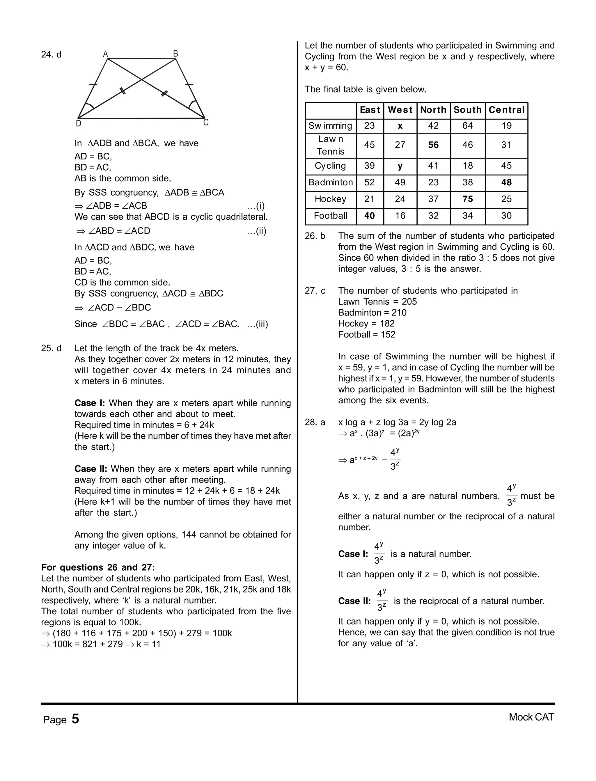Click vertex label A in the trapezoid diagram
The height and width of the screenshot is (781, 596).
point(105,54)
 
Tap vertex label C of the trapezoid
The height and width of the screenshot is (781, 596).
point(206,123)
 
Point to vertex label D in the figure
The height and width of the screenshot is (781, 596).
point(78,123)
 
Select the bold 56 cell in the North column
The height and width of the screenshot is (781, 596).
point(433,145)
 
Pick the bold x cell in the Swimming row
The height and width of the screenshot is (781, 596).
point(400,126)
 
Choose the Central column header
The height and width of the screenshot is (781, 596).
point(506,110)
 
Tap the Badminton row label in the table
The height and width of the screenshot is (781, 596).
point(330,183)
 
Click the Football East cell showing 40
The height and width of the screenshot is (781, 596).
point(369,216)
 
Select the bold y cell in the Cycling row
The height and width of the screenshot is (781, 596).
point(400,166)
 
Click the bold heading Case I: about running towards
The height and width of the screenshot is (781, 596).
point(90,403)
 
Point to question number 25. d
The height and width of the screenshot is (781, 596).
point(51,348)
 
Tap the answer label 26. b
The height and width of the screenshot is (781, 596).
point(315,236)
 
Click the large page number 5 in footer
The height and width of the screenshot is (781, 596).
point(75,719)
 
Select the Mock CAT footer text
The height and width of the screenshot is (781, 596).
point(531,717)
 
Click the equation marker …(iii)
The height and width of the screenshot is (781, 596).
point(257,324)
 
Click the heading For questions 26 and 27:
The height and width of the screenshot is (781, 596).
point(98,567)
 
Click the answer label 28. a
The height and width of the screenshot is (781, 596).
point(315,423)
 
